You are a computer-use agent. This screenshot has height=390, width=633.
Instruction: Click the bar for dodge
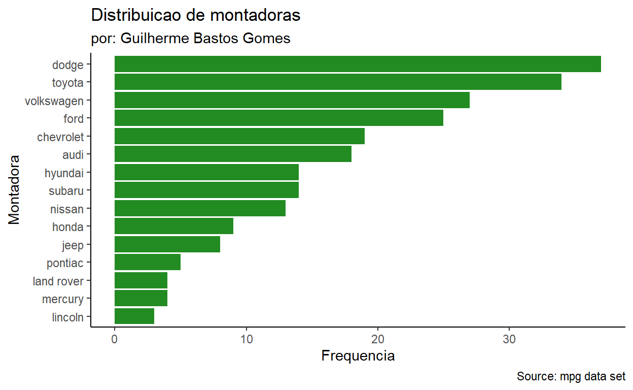[x=358, y=64]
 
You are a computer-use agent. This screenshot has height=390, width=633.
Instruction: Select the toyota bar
[x=338, y=82]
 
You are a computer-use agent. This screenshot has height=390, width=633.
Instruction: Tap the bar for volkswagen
[x=292, y=100]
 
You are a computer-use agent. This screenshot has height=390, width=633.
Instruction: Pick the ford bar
[x=279, y=118]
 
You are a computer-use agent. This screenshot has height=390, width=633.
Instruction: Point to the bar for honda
[x=174, y=226]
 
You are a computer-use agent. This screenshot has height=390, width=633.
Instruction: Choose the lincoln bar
[x=134, y=316]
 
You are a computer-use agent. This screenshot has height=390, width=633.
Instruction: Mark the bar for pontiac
[x=148, y=262]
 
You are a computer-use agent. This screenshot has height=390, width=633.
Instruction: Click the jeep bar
[x=167, y=244]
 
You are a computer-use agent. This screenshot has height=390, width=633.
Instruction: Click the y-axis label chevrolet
[x=60, y=137]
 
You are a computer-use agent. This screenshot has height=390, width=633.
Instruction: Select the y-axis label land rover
[x=58, y=281]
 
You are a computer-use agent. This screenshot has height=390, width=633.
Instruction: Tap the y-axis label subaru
[x=66, y=191]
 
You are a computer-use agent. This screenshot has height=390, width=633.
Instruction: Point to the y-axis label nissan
[x=67, y=209]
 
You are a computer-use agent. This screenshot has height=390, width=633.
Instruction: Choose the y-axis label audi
[x=73, y=154]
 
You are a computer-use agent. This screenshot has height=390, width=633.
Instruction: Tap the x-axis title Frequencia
[x=358, y=356]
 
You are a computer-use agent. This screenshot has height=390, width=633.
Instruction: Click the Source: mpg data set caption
[x=571, y=377]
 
